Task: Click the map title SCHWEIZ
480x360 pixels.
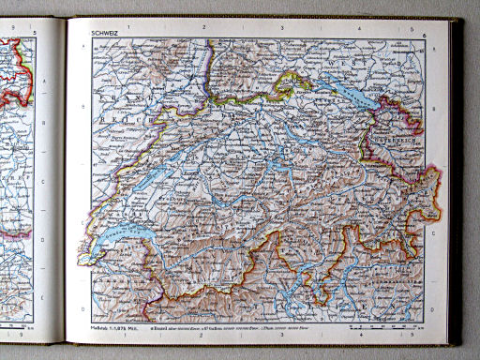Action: pos(104,34)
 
